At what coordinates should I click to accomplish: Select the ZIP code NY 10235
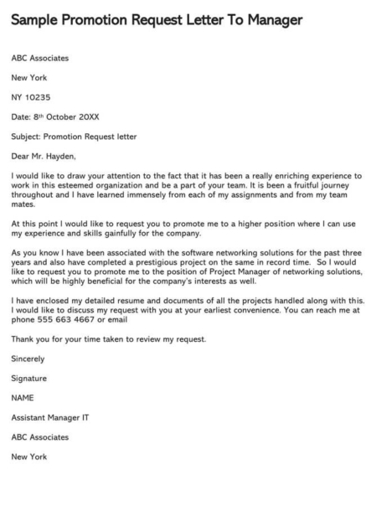point(37,96)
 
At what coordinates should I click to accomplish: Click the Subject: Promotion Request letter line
point(74,136)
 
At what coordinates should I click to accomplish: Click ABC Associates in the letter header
point(40,58)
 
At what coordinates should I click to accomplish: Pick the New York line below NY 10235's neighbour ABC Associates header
point(29,77)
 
